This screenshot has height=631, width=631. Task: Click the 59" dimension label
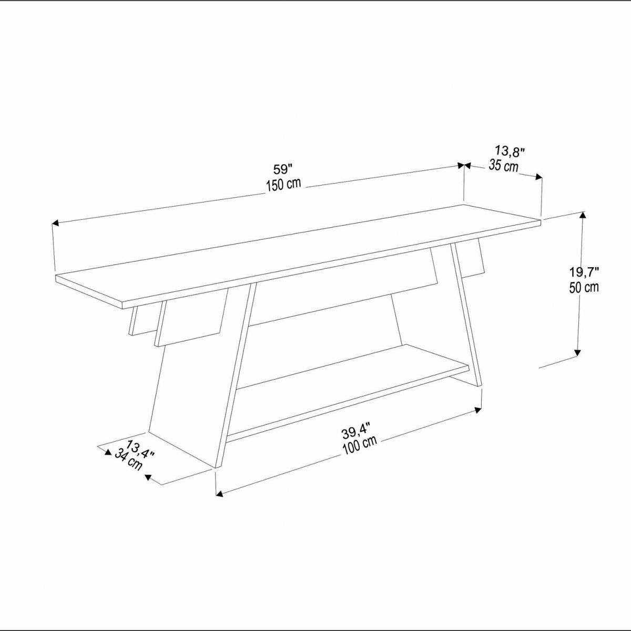coord(282,169)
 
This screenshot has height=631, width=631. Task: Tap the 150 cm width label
coord(283,185)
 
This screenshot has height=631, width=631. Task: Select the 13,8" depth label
coord(510,151)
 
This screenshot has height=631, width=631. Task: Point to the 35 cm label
coord(504,166)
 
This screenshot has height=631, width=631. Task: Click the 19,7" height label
coord(584,272)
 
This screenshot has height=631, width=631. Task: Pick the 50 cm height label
coord(584,287)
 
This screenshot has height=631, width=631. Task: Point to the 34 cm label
coord(128,460)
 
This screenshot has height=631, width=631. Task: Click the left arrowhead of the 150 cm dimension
coord(55,223)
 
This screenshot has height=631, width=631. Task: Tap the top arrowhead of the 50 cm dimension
coord(582,215)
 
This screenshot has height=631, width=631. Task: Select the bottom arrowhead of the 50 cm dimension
coord(577,352)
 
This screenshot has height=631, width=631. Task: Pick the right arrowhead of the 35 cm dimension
coord(538,177)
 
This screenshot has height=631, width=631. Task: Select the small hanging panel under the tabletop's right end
coord(469,262)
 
